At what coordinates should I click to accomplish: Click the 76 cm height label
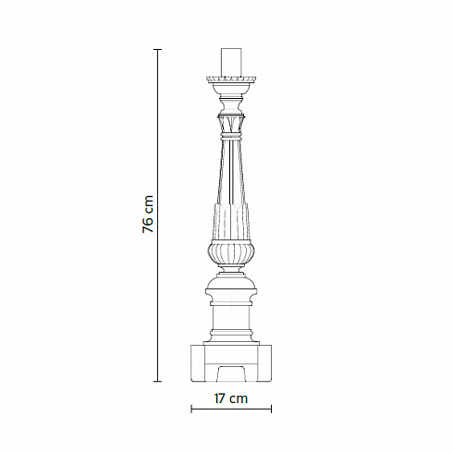click(x=148, y=214)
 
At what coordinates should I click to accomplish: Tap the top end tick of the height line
click(x=158, y=49)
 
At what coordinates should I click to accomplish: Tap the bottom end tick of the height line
click(x=158, y=382)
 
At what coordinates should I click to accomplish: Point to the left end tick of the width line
click(x=191, y=410)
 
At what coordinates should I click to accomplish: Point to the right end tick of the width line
click(x=271, y=410)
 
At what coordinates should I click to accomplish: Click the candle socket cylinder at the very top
click(x=231, y=62)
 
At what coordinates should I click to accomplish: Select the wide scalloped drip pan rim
click(x=231, y=80)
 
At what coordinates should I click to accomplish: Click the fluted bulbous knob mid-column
click(x=231, y=252)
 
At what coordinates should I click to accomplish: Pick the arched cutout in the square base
click(x=231, y=373)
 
